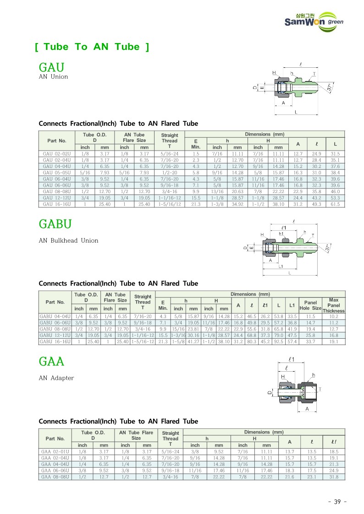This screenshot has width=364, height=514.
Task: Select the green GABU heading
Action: tap(55, 224)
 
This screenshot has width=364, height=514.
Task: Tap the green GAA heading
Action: tap(51, 362)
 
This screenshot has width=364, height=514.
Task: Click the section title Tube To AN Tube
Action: tap(92, 47)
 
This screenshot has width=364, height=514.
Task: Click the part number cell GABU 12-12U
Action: tap(55, 335)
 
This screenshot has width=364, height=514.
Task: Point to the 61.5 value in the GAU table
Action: tap(335, 204)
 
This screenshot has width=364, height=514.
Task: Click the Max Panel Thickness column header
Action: tap(334, 305)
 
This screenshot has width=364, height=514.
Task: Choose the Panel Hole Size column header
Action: tap(310, 305)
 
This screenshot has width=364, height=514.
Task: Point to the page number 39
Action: tap(337, 502)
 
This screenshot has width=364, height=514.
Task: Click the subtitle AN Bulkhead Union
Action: tap(68, 240)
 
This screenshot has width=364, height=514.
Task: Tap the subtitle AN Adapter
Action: tap(56, 378)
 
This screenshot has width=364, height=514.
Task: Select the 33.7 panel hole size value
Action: tap(310, 341)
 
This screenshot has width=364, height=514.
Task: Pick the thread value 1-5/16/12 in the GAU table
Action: tap(169, 204)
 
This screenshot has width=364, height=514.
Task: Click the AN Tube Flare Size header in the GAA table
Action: tap(136, 435)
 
